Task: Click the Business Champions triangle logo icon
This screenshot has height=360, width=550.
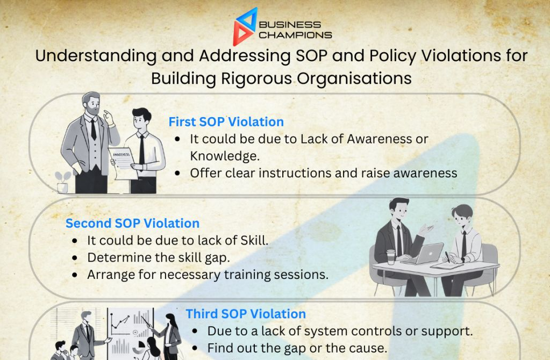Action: pyautogui.click(x=245, y=27)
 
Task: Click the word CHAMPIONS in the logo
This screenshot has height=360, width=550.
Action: pyautogui.click(x=295, y=35)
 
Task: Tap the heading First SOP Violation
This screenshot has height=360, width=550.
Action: pyautogui.click(x=226, y=121)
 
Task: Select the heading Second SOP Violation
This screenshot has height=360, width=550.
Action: pyautogui.click(x=132, y=224)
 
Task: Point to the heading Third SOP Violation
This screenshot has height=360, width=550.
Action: pyautogui.click(x=246, y=314)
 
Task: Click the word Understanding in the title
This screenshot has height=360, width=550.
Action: pyautogui.click(x=96, y=56)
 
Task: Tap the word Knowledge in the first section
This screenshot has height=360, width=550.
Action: pyautogui.click(x=225, y=156)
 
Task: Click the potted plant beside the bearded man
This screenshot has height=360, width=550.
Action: pyautogui.click(x=62, y=182)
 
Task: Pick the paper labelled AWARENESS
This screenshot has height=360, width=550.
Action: pyautogui.click(x=123, y=163)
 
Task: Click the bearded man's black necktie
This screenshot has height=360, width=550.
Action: pyautogui.click(x=94, y=129)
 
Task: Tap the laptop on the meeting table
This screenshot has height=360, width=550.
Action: pyautogui.click(x=423, y=254)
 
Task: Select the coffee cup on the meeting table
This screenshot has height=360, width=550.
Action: pyautogui.click(x=391, y=257)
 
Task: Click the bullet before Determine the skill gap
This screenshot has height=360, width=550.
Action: pyautogui.click(x=74, y=258)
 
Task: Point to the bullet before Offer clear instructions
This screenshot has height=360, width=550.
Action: pyautogui.click(x=177, y=173)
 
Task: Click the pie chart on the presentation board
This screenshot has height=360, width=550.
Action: pyautogui.click(x=139, y=348)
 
